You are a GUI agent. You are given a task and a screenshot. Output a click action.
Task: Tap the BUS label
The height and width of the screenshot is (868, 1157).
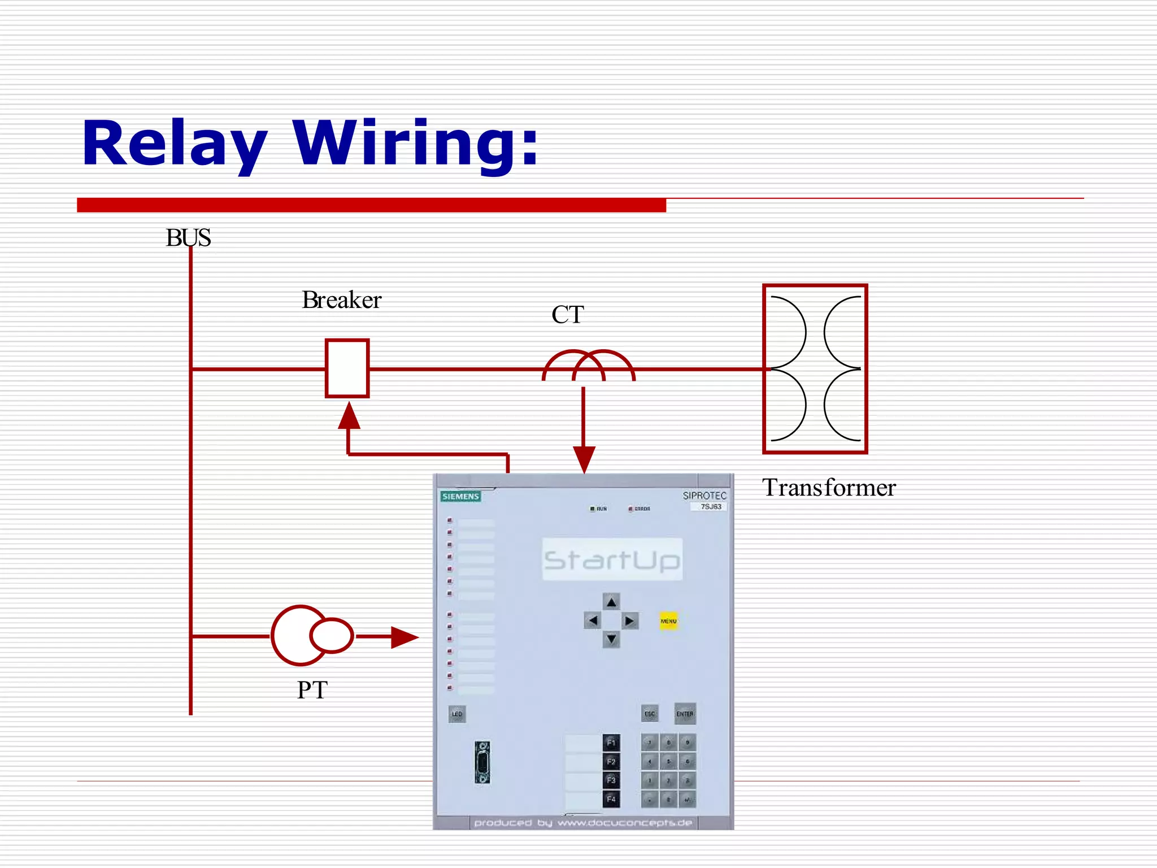click(x=188, y=238)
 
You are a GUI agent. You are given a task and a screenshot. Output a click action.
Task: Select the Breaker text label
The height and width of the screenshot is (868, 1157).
click(x=342, y=300)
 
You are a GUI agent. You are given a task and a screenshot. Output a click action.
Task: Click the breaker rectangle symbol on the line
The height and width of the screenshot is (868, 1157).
click(x=347, y=368)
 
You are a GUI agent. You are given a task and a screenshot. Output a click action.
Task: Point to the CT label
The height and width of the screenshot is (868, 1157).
click(x=567, y=315)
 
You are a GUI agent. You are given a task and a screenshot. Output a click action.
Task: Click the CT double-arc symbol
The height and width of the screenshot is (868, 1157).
click(x=588, y=366)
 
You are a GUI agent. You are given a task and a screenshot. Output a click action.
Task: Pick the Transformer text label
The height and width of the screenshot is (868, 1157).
click(x=829, y=488)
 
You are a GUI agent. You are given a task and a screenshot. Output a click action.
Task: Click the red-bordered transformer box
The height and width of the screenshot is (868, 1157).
click(x=815, y=368)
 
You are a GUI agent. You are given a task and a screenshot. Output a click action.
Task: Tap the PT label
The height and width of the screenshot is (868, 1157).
click(x=312, y=690)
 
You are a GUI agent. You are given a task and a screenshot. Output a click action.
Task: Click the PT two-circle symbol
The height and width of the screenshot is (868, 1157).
click(x=311, y=636)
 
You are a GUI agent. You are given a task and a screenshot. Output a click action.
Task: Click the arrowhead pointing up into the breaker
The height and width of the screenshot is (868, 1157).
click(x=349, y=417)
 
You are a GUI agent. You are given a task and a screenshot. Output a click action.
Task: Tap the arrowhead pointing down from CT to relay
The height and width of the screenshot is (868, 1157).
click(x=584, y=459)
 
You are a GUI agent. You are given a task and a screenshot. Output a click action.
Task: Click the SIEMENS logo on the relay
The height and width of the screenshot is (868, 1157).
click(x=460, y=496)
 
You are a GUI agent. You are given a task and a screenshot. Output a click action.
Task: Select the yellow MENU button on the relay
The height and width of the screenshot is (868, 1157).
click(x=668, y=620)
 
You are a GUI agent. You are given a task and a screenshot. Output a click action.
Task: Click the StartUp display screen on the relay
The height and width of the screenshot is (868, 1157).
click(x=612, y=559)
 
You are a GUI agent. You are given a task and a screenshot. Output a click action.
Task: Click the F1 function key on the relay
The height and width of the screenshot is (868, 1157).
click(x=611, y=742)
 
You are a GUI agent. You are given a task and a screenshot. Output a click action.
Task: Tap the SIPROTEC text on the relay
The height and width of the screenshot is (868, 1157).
click(x=704, y=496)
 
